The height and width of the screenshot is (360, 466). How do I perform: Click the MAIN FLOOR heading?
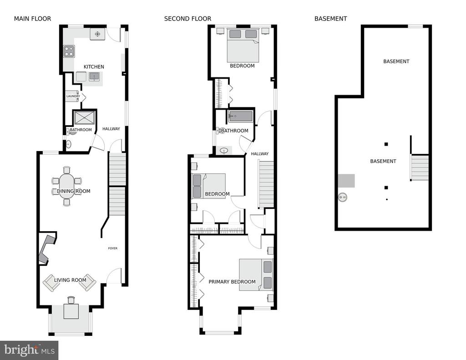[x=32, y=19]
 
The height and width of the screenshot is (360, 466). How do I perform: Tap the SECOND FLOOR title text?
[x=187, y=19]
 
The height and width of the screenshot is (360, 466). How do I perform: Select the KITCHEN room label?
[x=94, y=67]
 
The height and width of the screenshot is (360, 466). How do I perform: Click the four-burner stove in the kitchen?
[x=69, y=51]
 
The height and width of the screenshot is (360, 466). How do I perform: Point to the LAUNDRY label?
[x=73, y=96]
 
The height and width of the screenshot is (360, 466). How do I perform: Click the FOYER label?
[x=113, y=248]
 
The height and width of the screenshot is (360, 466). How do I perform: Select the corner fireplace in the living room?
[x=47, y=248]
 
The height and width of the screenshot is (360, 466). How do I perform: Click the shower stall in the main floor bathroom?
[x=85, y=118]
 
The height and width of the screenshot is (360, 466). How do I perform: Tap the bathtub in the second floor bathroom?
[x=240, y=116]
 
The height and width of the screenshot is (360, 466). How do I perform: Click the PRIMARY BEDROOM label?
[x=232, y=282]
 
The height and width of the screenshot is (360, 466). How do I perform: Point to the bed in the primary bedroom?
[x=256, y=275]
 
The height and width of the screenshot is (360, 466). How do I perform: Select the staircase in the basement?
[x=420, y=167]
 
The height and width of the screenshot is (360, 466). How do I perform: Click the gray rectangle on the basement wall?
[x=346, y=181]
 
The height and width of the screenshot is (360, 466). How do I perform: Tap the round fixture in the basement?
[x=343, y=197]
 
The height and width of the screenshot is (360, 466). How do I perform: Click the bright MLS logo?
[x=29, y=350]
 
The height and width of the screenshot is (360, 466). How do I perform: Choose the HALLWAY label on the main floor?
[x=111, y=129]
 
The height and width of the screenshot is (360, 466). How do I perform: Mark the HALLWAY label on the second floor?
[x=260, y=154]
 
